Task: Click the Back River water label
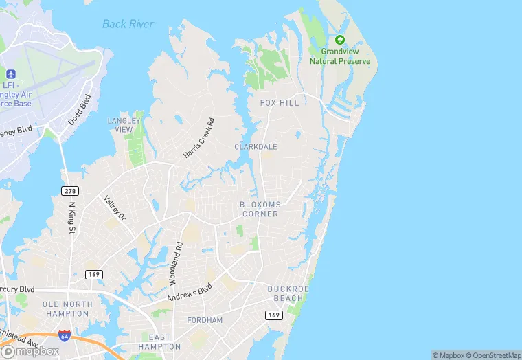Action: (128, 24)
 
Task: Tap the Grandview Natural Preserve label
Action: (339, 56)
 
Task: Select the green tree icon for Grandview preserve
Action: (339, 40)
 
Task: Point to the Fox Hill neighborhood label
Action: (280, 103)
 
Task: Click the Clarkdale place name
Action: (256, 147)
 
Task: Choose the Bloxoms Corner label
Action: (259, 210)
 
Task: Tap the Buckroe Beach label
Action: (285, 293)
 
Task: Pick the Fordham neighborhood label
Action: (205, 320)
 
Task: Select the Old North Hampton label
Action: (66, 308)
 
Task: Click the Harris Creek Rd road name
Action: (199, 138)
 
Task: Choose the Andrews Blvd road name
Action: (189, 293)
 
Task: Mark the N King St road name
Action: (71, 218)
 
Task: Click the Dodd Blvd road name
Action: (80, 111)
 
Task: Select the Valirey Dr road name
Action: (115, 208)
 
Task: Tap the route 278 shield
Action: (70, 190)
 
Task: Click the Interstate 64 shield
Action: (65, 335)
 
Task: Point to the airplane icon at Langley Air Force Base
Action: (10, 74)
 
